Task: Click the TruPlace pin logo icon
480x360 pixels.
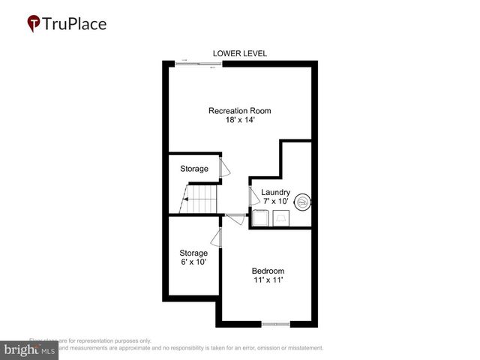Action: [34, 24]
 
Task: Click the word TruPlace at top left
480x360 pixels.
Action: [74, 23]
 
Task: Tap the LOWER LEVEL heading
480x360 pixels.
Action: [240, 53]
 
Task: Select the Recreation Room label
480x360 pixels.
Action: [240, 111]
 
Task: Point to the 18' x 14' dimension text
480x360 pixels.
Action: [240, 121]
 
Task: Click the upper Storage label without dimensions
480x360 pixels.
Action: [194, 169]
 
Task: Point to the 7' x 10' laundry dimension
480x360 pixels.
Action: [275, 202]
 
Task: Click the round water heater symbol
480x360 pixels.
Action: [303, 202]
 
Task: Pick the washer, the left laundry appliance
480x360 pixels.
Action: [262, 218]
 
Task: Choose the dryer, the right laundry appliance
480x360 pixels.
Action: [280, 218]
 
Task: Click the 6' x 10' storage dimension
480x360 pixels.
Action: [193, 263]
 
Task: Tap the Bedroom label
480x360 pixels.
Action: [268, 271]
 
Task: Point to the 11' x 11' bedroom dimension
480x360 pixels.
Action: [268, 280]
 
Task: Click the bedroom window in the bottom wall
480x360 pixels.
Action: [275, 324]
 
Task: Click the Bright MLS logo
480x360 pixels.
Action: [29, 350]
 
